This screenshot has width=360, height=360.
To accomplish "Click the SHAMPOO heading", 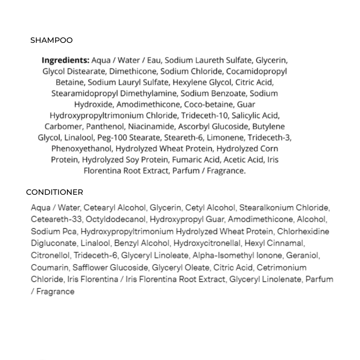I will pos(51,40).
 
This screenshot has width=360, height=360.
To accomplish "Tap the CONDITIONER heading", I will pos(54,192).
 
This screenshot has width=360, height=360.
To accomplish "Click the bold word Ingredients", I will pos(66,60).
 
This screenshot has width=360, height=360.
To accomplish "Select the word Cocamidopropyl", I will pos(256,71).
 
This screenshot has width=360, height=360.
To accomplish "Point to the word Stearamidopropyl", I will pos(84,94).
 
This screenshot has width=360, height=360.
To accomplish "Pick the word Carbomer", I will pos(63,127).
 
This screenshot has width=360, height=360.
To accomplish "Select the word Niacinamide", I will pos(151,127).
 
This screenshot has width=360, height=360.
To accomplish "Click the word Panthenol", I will pos(105,127).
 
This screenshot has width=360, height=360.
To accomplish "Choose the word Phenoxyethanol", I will pos(81,149).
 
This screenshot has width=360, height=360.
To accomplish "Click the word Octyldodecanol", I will pos(116,219).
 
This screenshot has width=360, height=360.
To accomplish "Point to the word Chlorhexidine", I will pos(303,231).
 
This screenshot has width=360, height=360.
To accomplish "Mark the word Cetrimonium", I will pos(281,267).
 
